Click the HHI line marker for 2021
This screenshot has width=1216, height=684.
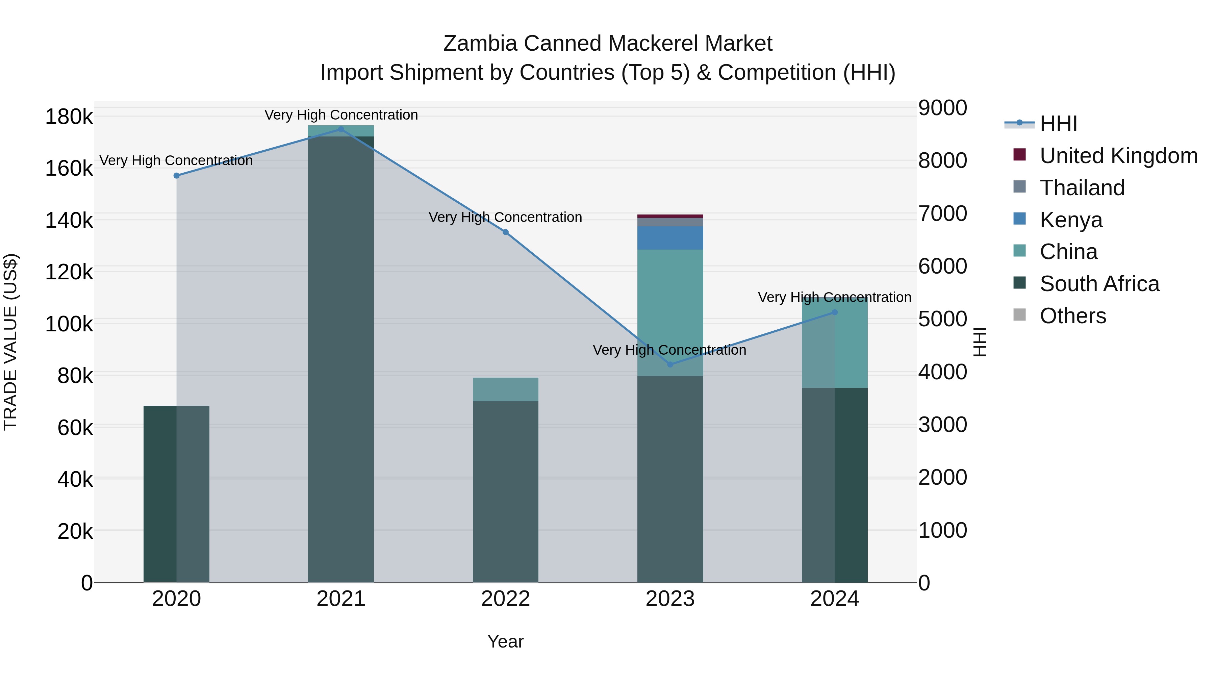[x=341, y=129]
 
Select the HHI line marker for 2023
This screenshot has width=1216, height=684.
[x=670, y=364]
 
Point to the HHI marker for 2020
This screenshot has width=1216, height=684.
[x=177, y=176]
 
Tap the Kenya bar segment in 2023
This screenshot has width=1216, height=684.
[x=670, y=238]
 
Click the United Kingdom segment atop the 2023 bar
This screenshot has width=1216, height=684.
[x=670, y=216]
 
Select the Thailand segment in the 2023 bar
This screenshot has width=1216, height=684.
[x=670, y=222]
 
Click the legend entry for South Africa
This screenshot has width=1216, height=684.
[x=1099, y=284]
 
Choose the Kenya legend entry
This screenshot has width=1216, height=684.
[x=1071, y=220]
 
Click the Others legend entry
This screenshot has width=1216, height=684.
[x=1072, y=316]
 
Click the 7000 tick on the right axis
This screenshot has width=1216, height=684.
[x=942, y=213]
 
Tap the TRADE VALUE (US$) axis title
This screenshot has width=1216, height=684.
[x=10, y=342]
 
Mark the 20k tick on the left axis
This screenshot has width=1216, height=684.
[x=75, y=532]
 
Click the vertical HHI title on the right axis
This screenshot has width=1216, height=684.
[x=980, y=342]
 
